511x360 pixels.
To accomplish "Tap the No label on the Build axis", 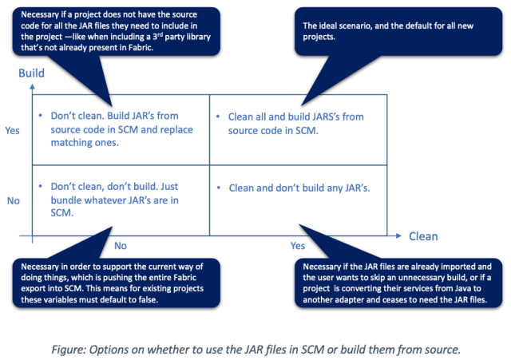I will [x=14, y=200].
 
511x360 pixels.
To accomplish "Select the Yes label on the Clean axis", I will [x=298, y=247].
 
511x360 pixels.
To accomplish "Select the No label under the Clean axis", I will [x=120, y=247].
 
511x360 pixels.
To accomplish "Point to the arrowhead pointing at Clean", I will [x=400, y=236].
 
